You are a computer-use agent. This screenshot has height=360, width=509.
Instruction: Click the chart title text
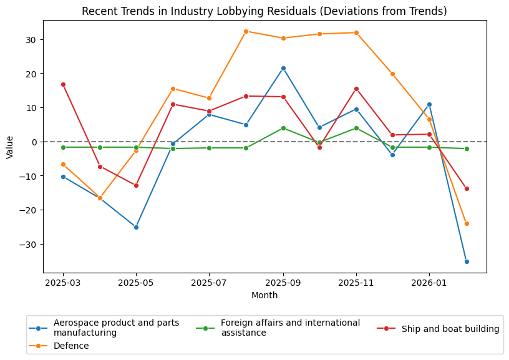264,11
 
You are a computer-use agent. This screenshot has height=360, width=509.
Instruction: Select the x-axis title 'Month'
264,295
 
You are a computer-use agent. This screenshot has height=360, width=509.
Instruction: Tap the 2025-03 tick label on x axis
63,283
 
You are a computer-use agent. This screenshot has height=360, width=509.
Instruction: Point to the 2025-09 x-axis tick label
283,283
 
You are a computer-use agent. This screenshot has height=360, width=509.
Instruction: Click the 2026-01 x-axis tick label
429,283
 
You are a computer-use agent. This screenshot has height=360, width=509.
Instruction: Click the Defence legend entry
71,346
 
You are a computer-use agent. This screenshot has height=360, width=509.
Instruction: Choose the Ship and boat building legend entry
450,329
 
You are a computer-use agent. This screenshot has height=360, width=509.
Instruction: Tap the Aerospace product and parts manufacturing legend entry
116,328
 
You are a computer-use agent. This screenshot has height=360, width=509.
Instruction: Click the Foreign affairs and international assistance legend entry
290,328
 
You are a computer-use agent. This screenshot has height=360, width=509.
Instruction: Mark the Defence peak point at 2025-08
246,31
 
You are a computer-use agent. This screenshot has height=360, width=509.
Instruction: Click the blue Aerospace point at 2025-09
283,68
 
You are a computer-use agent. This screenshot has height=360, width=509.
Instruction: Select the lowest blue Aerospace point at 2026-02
467,261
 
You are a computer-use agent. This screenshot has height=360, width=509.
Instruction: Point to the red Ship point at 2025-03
63,84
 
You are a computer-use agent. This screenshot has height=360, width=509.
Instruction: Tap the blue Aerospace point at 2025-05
136,227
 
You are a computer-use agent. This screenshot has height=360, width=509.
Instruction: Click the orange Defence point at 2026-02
467,223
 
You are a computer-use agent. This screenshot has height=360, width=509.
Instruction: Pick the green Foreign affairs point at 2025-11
356,128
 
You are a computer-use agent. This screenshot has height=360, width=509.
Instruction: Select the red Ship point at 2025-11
356,89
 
